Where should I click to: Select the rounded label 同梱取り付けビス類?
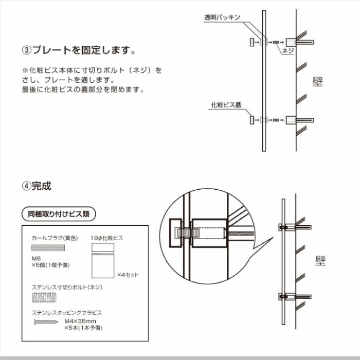(x=58, y=213)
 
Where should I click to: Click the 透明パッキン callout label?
(x=222, y=17)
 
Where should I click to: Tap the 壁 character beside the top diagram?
(x=318, y=81)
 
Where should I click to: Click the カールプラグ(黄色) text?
(x=55, y=238)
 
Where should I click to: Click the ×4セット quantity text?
(x=128, y=275)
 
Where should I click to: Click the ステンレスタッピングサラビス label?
(x=67, y=312)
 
